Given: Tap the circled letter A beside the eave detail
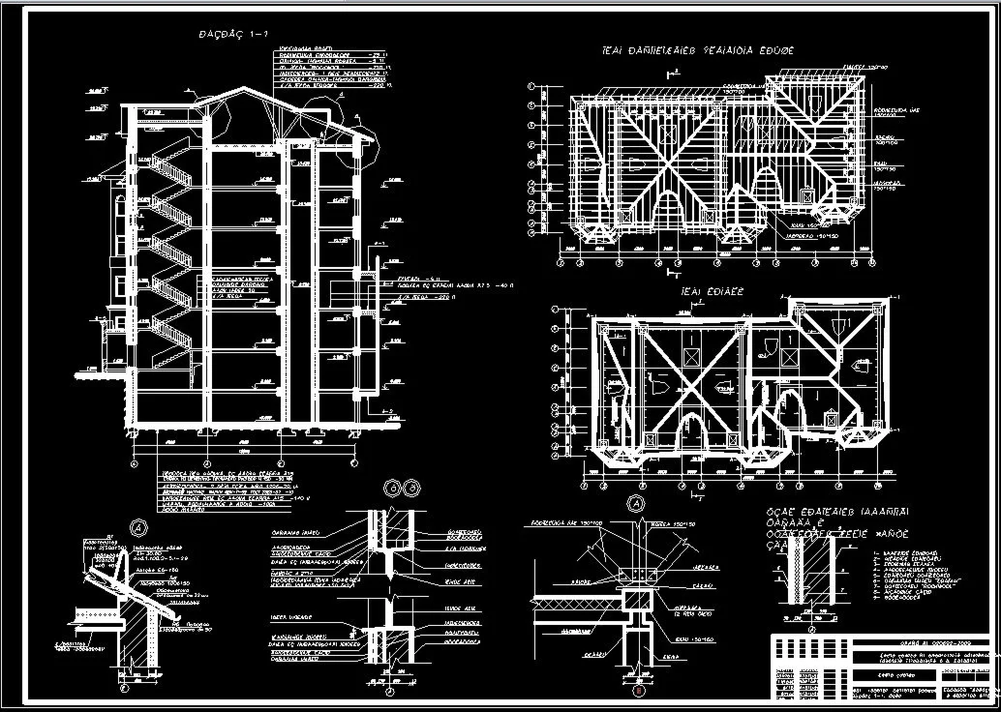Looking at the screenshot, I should [x=138, y=528].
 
